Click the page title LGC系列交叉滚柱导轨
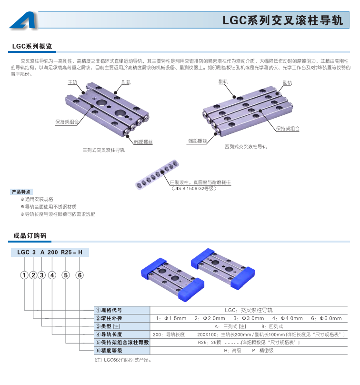click(282, 20)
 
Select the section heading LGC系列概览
click(32, 46)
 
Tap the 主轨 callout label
click(73, 82)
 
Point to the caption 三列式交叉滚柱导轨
click(103, 150)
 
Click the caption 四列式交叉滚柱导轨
click(245, 147)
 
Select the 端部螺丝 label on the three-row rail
click(143, 142)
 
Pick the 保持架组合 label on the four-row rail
click(288, 129)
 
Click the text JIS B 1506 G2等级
click(194, 188)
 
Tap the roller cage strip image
click(157, 174)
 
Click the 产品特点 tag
click(21, 192)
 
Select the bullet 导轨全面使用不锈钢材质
click(49, 207)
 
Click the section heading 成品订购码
click(30, 236)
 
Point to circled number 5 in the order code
click(66, 275)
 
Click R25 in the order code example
click(66, 252)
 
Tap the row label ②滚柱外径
click(109, 318)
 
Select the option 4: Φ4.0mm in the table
click(287, 318)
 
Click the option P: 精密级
click(262, 351)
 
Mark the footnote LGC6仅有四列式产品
click(123, 360)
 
